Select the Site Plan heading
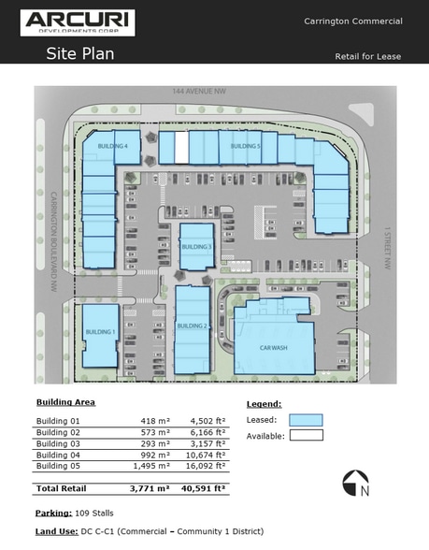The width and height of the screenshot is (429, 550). (x=80, y=53)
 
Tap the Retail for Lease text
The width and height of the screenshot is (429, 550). (x=368, y=56)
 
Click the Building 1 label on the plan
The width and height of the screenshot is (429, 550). (x=99, y=332)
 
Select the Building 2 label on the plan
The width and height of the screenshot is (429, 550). (x=192, y=326)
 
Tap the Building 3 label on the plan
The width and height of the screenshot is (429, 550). (x=197, y=246)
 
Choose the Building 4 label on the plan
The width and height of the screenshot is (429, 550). (x=112, y=147)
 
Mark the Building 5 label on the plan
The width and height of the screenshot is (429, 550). (x=245, y=147)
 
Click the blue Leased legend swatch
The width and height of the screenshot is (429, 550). (x=306, y=420)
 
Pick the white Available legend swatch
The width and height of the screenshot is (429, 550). (x=306, y=434)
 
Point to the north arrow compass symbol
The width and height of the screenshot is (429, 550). (x=355, y=483)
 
